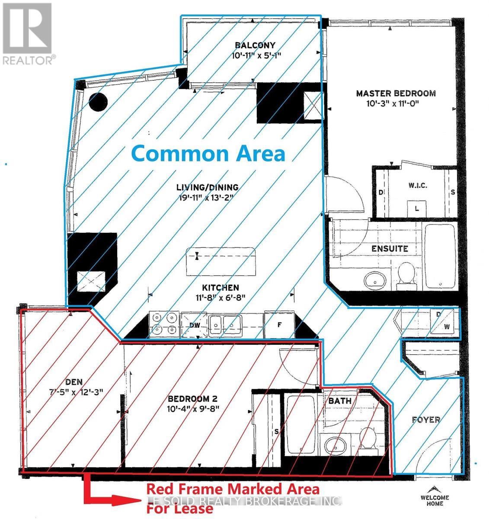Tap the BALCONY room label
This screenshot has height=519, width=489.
255,45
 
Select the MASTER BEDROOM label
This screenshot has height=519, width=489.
396,93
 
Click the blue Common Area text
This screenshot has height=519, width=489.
208,154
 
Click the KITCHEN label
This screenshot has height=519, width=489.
221,288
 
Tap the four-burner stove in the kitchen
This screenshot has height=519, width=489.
165,324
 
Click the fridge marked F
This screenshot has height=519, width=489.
279,324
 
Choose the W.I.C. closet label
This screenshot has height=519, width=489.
418,186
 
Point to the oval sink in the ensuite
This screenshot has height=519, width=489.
375,281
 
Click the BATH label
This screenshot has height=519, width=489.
340,401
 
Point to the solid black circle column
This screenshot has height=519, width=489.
98,102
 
